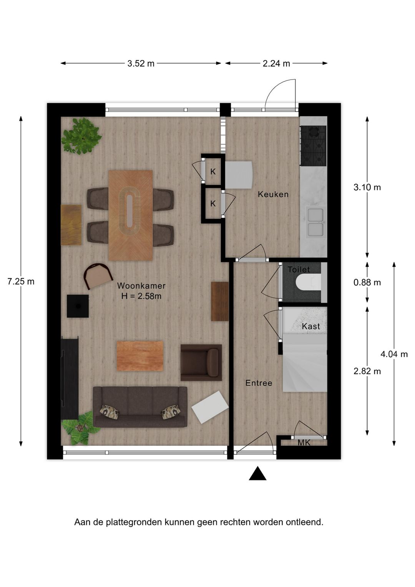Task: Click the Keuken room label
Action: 273,194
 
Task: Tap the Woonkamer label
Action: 141,286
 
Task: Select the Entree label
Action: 259,383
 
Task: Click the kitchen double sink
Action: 316,221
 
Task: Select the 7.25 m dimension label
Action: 21,282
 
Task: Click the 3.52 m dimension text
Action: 141,63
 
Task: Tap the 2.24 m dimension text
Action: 276,63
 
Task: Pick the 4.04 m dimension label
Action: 394,354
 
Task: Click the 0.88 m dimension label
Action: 367,283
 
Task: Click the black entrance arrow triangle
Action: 257,474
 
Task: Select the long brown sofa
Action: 140,407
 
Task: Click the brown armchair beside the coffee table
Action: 201,362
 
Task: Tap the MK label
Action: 304,443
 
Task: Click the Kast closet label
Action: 310,327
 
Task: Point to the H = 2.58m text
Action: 141,296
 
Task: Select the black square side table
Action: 78,306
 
